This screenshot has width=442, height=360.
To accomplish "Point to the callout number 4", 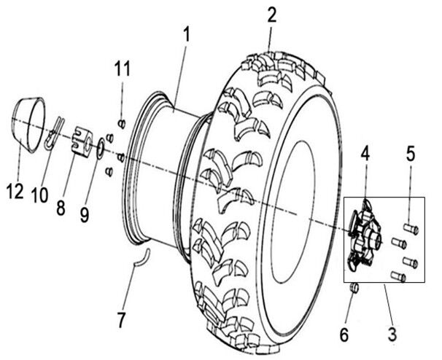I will [365, 154].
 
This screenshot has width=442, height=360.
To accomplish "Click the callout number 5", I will [411, 154].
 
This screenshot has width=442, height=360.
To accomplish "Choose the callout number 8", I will [61, 208].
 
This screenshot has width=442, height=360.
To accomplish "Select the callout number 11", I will [122, 70].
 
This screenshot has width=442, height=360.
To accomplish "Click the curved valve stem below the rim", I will [144, 256].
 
